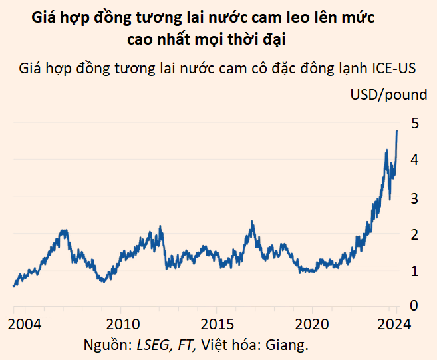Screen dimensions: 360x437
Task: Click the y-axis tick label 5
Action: point(414,124)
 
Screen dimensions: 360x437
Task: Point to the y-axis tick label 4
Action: point(414,160)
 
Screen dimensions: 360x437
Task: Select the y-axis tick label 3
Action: point(414,198)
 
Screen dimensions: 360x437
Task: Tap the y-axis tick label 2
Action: point(414,234)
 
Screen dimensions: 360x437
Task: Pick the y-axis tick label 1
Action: point(414,271)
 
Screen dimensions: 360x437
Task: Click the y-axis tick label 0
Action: point(414,306)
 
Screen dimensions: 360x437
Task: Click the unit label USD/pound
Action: point(388,94)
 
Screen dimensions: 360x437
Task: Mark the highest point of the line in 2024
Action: point(397,131)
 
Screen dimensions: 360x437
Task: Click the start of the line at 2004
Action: point(14,286)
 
